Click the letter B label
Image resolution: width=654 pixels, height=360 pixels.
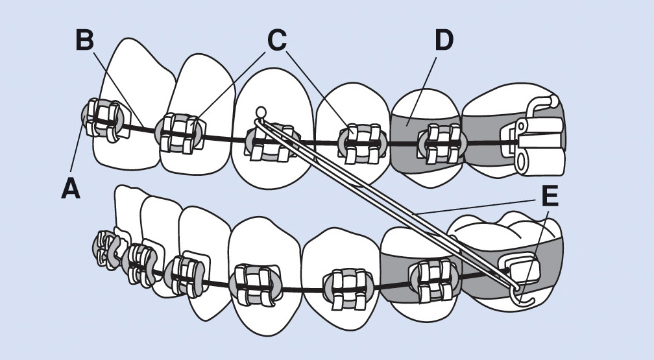pyautogui.click(x=85, y=40)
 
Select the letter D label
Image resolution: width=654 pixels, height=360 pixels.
pyautogui.click(x=443, y=40)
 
